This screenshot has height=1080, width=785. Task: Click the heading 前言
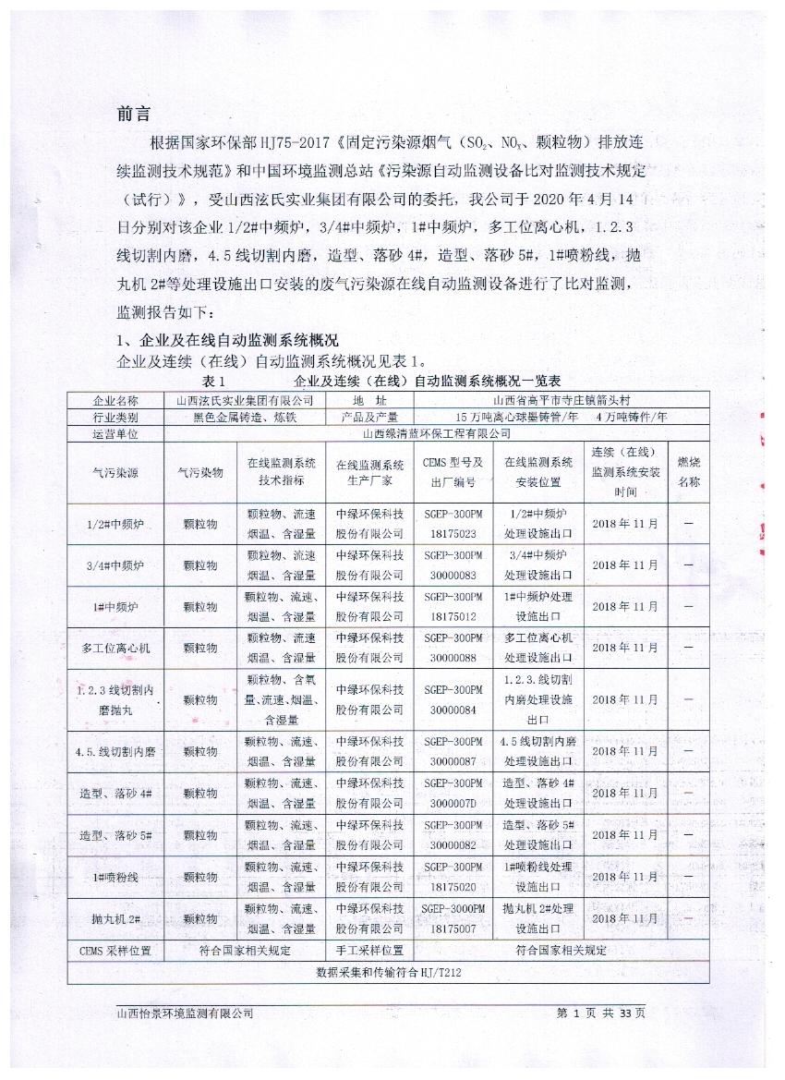pyautogui.click(x=133, y=114)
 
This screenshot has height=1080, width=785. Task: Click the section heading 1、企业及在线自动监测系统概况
pyautogui.click(x=227, y=340)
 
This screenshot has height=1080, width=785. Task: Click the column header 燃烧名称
pyautogui.click(x=689, y=471)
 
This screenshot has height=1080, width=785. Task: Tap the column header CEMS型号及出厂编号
pyautogui.click(x=453, y=472)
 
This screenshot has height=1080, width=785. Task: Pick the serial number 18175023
pyautogui.click(x=453, y=534)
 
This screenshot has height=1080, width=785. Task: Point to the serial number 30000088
pyautogui.click(x=453, y=658)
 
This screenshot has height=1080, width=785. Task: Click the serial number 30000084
pyautogui.click(x=453, y=710)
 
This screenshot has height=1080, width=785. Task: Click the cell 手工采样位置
pyautogui.click(x=368, y=950)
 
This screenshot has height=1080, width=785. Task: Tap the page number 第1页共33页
pyautogui.click(x=601, y=1013)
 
